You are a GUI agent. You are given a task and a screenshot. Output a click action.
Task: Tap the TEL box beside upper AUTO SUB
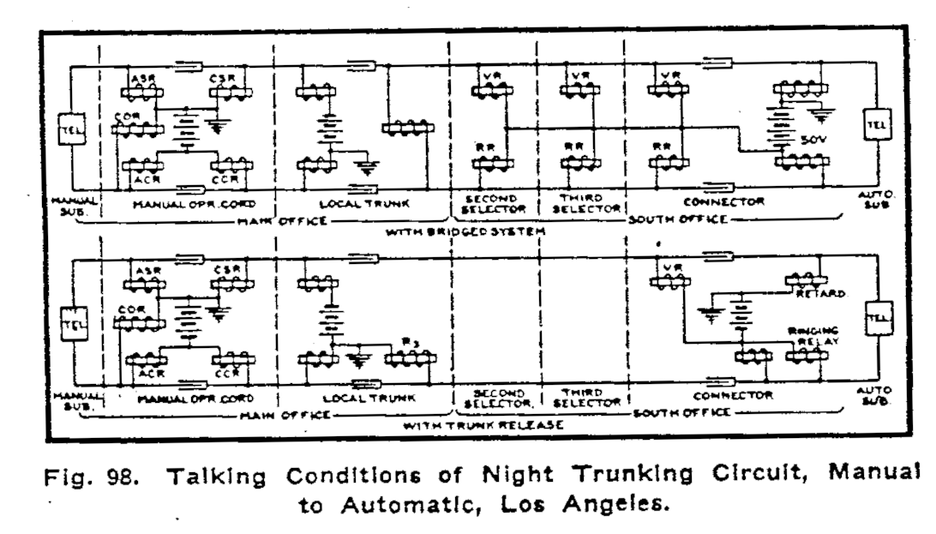pyautogui.click(x=876, y=124)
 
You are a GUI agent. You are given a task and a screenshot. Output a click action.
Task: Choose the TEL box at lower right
pyautogui.click(x=876, y=317)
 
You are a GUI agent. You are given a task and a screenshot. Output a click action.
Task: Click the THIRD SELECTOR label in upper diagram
pyautogui.click(x=585, y=204)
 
